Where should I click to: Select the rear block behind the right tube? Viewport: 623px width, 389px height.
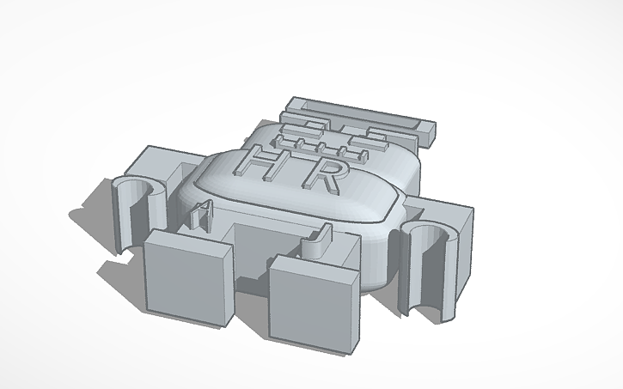(447, 215)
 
